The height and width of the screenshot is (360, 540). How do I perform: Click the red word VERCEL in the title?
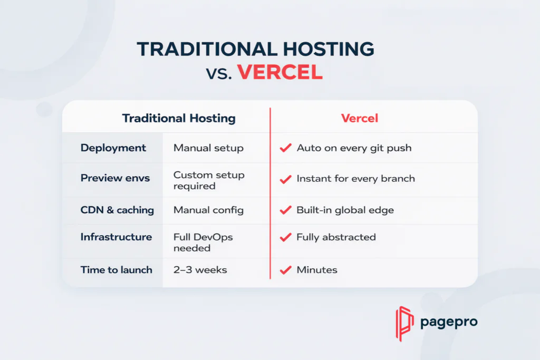tap(279, 72)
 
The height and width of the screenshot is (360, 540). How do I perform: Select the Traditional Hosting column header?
tap(179, 118)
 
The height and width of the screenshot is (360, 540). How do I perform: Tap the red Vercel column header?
tap(360, 118)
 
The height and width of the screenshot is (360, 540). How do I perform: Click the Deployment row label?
tap(113, 148)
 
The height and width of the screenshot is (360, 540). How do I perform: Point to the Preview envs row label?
tap(115, 178)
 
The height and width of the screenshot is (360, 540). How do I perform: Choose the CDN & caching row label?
tap(117, 210)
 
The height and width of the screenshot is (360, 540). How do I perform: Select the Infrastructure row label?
tap(116, 237)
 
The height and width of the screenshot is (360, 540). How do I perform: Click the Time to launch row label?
tap(116, 270)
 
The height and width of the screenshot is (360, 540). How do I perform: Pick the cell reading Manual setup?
tap(208, 148)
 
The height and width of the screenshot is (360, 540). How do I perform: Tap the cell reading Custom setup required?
tap(209, 180)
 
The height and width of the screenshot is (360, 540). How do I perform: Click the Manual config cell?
tap(208, 210)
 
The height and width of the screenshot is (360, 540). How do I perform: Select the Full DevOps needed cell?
tap(203, 242)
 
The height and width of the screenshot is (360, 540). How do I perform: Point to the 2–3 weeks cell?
tap(200, 270)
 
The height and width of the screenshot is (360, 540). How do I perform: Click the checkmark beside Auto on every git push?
tap(285, 148)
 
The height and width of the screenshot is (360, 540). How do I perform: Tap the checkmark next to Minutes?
tap(285, 270)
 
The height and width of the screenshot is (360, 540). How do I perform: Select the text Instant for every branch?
tap(355, 178)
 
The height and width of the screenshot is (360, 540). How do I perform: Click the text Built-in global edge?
tap(345, 210)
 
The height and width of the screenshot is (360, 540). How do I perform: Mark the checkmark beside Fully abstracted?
tap(285, 238)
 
